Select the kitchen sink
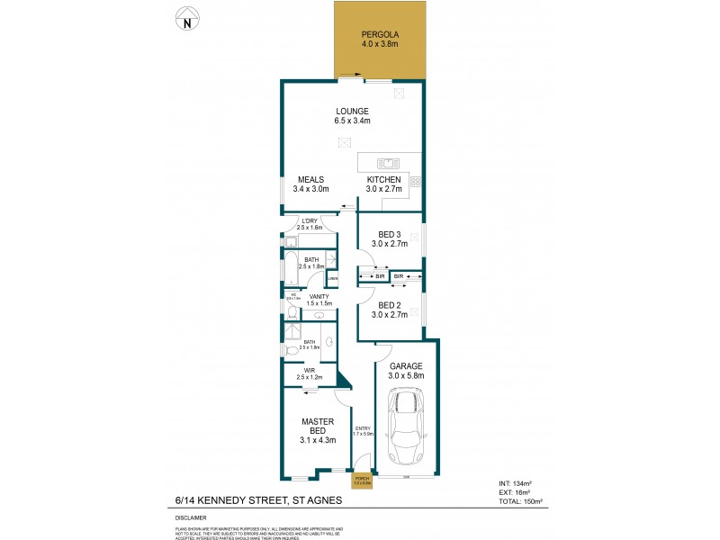[x=389, y=163]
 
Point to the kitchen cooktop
[x=416, y=181]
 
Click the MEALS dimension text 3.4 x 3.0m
[x=311, y=190]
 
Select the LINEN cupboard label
[x=332, y=278]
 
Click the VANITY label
[x=319, y=296]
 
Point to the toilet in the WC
[x=292, y=311]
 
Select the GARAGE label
[x=407, y=365]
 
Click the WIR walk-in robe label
[x=309, y=369]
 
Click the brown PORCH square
[x=362, y=481]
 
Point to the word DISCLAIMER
[x=190, y=518]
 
